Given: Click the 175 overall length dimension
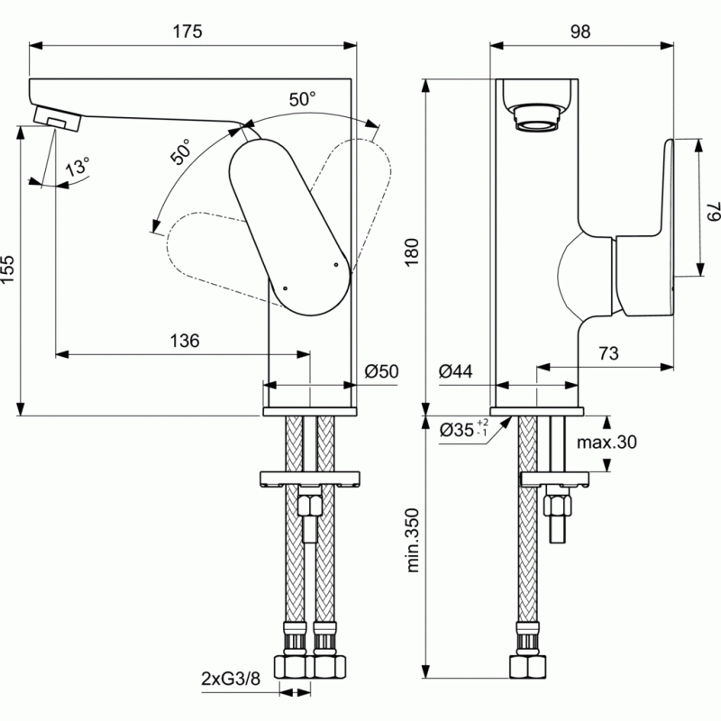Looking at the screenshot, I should [x=188, y=30].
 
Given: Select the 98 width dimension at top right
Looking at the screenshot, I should [x=580, y=30].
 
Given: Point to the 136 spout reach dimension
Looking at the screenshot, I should [x=183, y=341].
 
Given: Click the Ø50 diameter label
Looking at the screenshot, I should [x=382, y=371].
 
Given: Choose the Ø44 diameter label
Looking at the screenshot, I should [x=457, y=371].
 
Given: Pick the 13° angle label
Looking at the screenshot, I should [x=78, y=167].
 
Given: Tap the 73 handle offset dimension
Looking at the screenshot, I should [x=608, y=354].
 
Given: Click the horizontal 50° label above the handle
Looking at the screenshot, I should [x=302, y=99].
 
